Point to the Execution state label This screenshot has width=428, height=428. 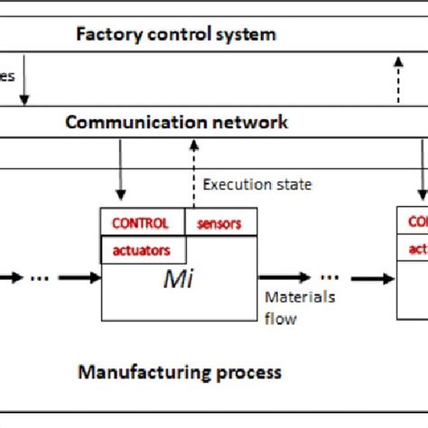(x=257, y=184)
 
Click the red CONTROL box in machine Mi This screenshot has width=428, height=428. (x=141, y=222)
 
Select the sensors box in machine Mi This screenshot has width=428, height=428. (x=219, y=223)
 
